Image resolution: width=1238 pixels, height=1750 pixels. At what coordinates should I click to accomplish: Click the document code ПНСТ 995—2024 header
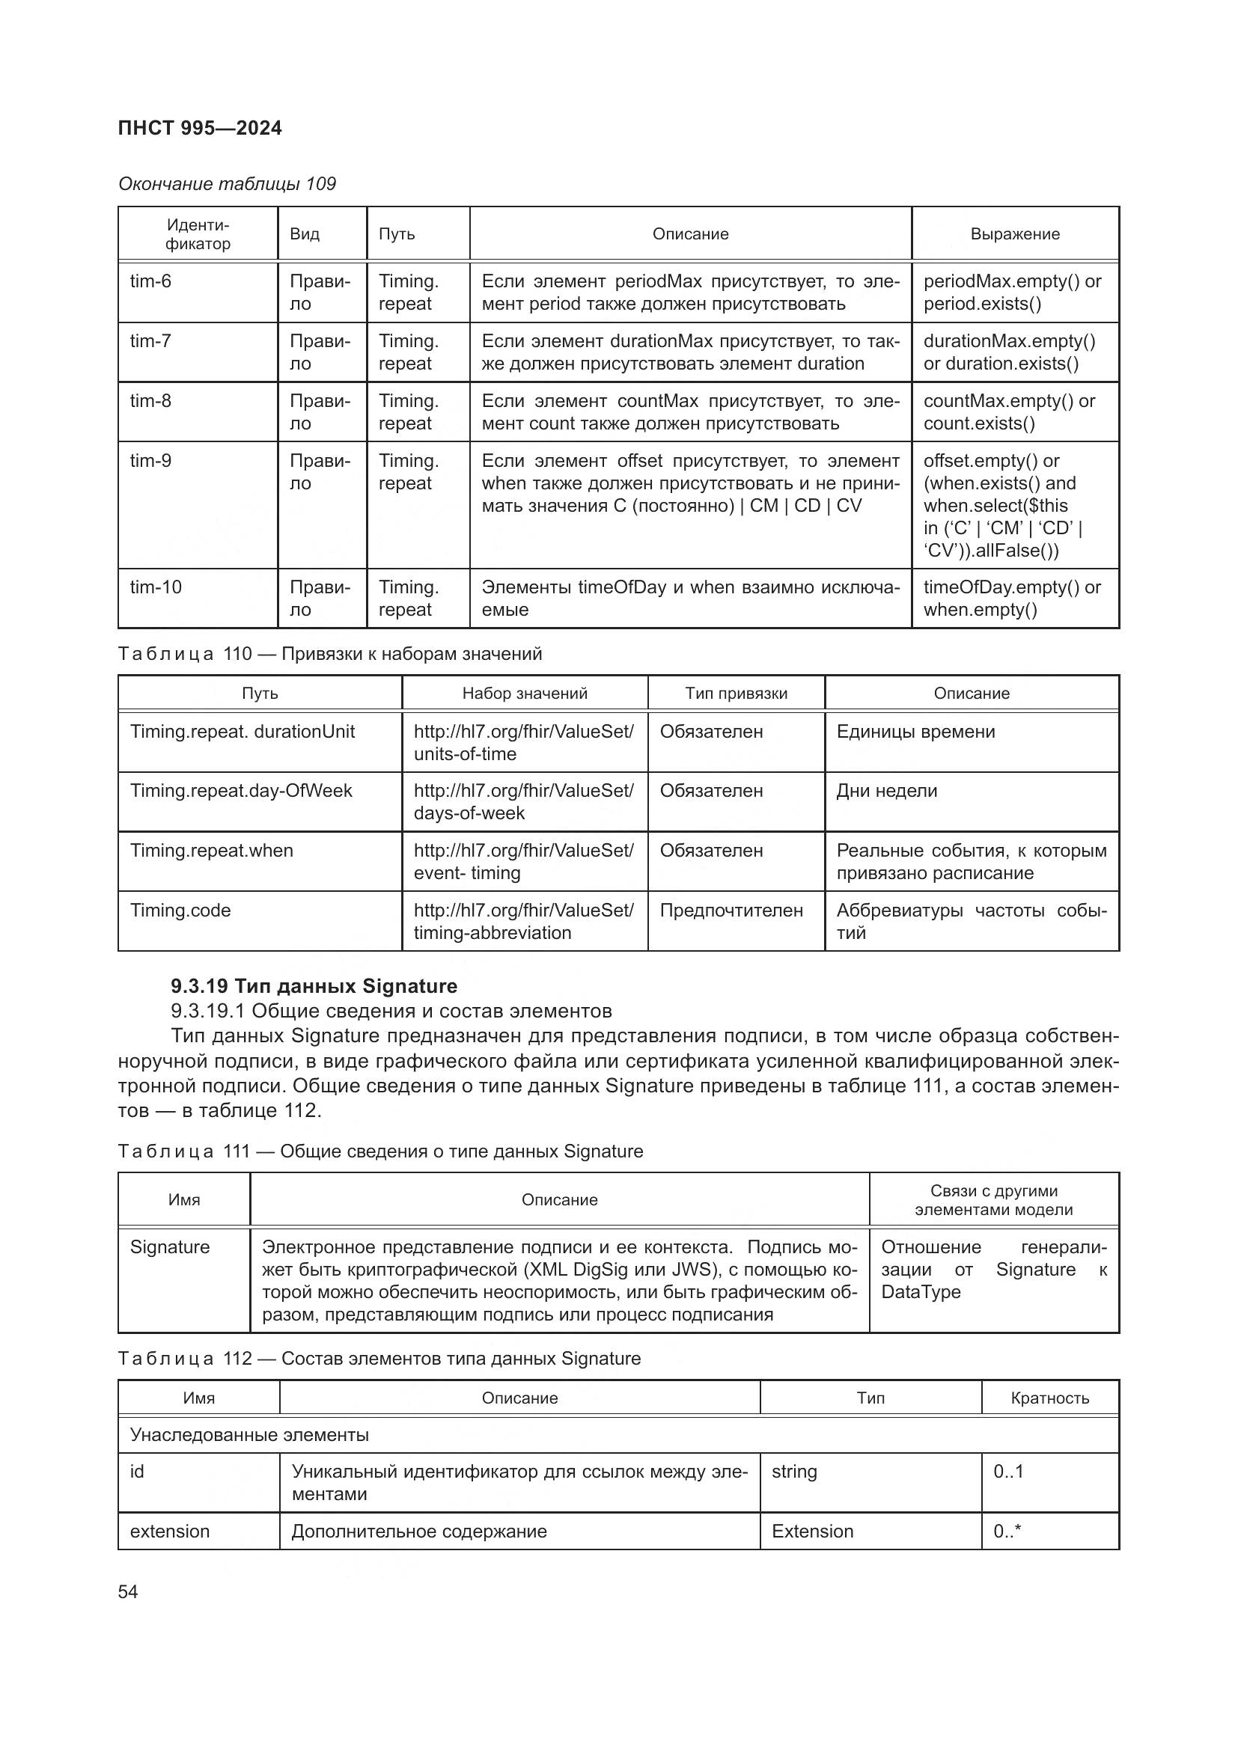(x=200, y=128)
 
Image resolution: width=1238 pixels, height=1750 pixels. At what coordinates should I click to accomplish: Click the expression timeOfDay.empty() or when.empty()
(x=1012, y=599)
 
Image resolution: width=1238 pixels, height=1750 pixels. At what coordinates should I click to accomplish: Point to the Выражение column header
(x=1015, y=234)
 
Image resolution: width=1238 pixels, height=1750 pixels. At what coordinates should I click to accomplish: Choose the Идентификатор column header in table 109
(x=198, y=234)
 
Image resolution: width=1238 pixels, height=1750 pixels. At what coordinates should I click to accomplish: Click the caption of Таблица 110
(x=330, y=654)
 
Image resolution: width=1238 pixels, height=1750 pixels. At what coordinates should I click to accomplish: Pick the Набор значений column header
(x=525, y=694)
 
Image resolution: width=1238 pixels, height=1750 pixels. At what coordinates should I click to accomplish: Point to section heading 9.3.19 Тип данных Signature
(x=314, y=986)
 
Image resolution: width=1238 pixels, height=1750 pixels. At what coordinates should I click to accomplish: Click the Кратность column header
(x=1049, y=1398)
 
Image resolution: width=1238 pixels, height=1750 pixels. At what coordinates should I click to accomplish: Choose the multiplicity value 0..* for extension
(x=1007, y=1532)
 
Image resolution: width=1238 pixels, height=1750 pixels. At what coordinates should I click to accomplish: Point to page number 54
(x=128, y=1592)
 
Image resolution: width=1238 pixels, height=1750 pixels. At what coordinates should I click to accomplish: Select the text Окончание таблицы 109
(x=228, y=184)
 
